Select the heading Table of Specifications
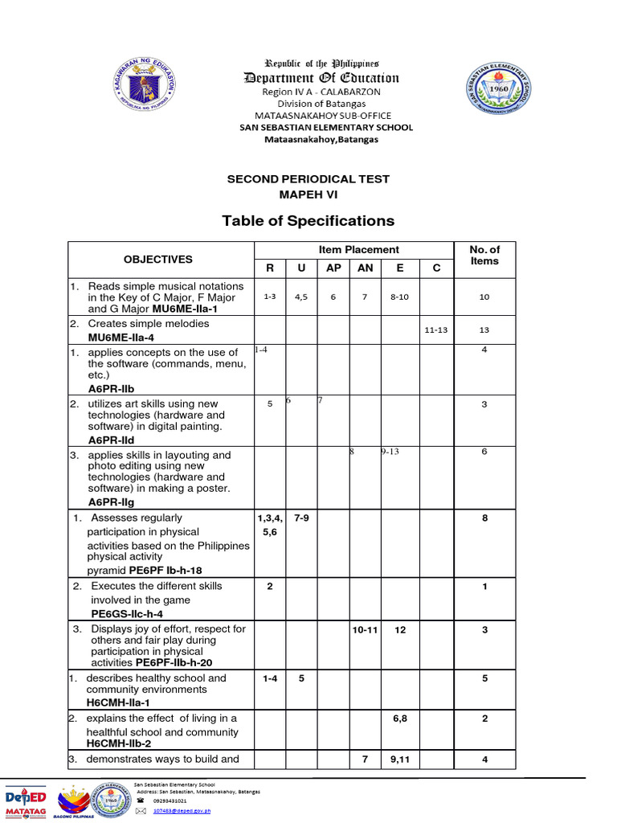tap(308, 220)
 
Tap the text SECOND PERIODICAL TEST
tap(308, 178)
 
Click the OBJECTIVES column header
tap(158, 259)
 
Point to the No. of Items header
tap(484, 255)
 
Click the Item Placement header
tap(358, 250)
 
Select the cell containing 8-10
tap(399, 297)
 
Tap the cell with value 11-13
tap(437, 330)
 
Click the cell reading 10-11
tap(365, 630)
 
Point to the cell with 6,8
tap(400, 719)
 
